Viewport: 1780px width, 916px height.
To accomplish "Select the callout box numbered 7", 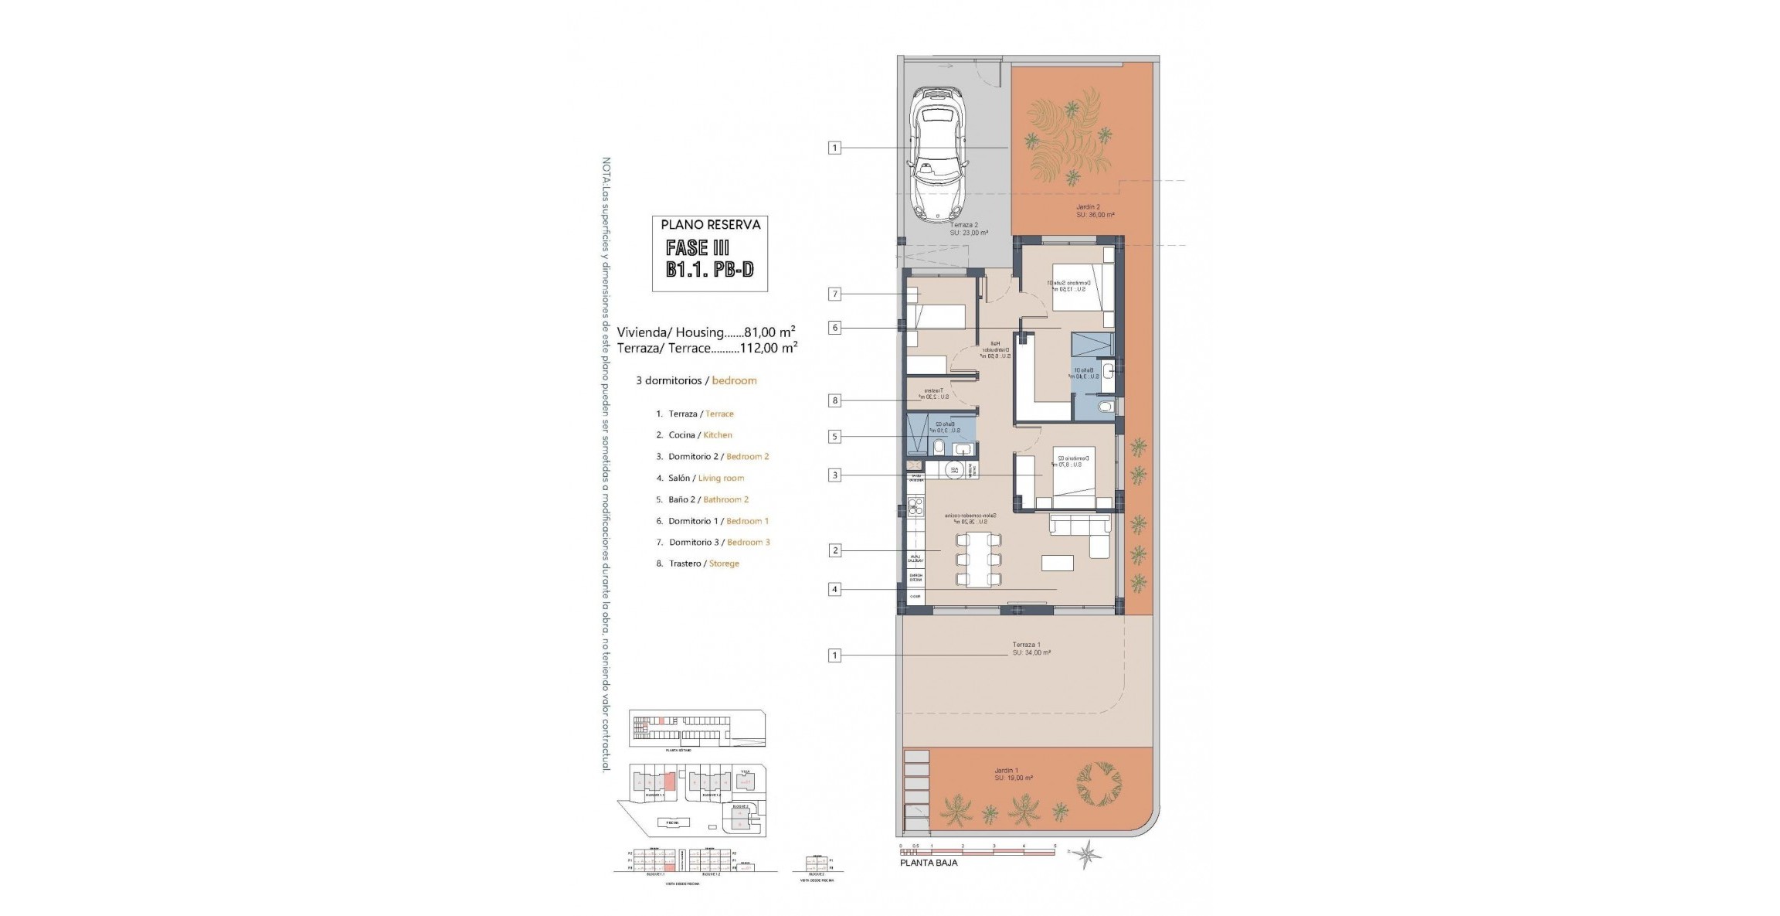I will [x=834, y=294].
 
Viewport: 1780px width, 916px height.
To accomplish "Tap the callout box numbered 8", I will [x=834, y=400].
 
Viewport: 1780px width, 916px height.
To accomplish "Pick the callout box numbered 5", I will [x=834, y=437].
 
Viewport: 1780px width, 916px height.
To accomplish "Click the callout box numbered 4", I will [x=834, y=589].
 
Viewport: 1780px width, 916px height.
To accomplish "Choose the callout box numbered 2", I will [x=834, y=550].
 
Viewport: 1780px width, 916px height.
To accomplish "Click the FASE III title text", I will [x=698, y=247].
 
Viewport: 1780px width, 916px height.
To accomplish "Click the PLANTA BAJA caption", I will [x=929, y=863].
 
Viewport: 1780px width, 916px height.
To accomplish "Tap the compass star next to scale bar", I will [x=1088, y=853].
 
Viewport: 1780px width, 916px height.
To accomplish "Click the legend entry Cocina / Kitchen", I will [x=700, y=435].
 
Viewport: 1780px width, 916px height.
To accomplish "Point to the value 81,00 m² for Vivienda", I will [x=769, y=332].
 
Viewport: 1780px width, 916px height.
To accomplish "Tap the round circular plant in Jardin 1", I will [x=1098, y=783].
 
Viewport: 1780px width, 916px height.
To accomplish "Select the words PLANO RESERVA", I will [x=710, y=225].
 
